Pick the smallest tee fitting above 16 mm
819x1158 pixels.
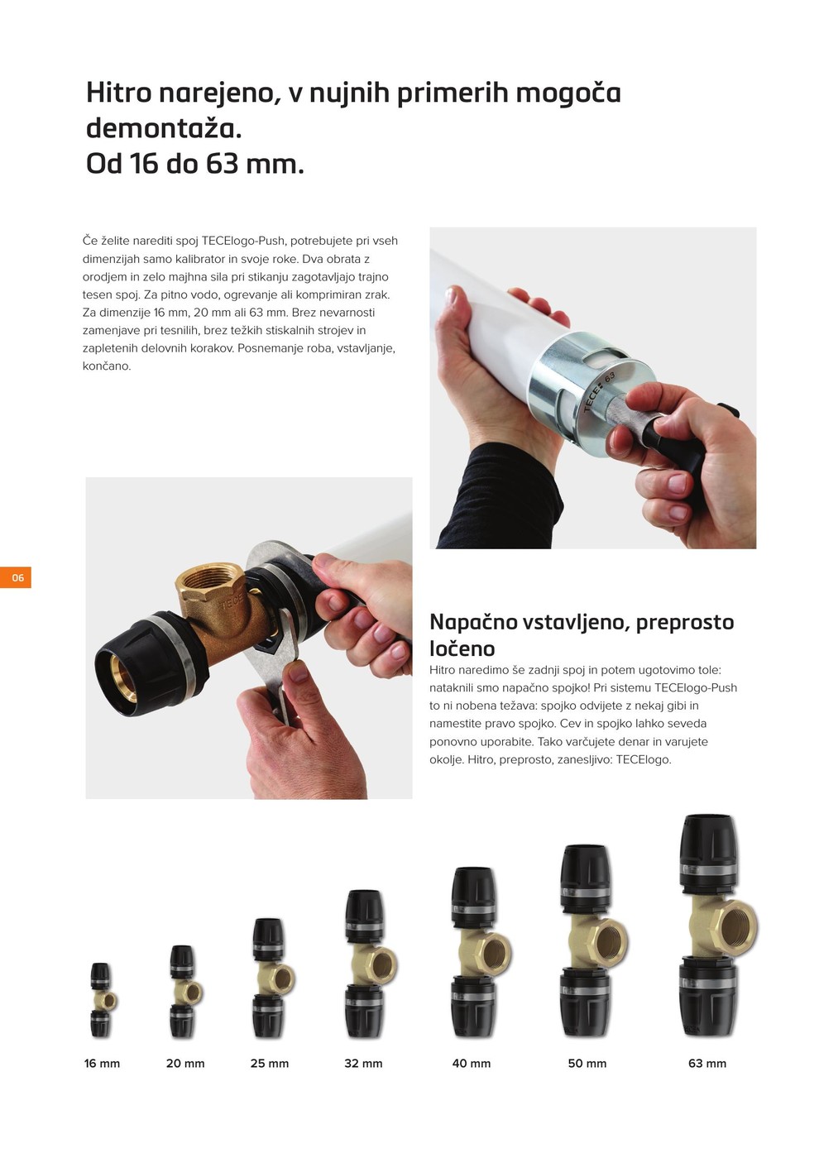tap(103, 1000)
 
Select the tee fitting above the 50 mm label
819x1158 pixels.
tap(593, 941)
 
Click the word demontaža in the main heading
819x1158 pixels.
tap(164, 128)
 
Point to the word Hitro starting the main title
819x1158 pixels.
tap(118, 93)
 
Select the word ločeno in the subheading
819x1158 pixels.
tap(462, 648)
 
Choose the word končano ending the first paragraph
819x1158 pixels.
tap(107, 366)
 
